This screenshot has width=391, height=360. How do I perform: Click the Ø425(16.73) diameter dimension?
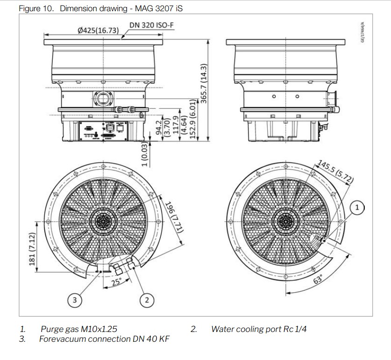98,31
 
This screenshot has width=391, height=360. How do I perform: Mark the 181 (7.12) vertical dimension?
32,248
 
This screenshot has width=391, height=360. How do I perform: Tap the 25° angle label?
115,281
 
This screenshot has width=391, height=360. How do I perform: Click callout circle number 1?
357,207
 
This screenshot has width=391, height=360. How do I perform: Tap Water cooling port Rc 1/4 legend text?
259,329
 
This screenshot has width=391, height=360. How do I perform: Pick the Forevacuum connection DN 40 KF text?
104,339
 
